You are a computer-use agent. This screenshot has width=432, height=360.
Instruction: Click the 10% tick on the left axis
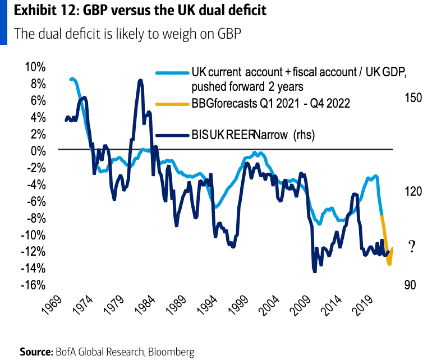coord(35,67)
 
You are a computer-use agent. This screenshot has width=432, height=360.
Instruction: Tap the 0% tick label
coord(38,151)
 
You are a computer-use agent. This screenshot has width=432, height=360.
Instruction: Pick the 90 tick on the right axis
coord(411,285)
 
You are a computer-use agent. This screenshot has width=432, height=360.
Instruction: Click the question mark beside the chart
coord(411,246)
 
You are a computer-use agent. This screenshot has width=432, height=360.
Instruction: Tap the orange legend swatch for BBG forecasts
coord(172,104)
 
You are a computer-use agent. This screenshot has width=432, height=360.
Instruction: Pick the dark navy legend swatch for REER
coord(172,135)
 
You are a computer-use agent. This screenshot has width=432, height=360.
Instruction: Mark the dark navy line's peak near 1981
coord(140,81)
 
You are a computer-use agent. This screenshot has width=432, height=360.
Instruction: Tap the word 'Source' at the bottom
coord(36,352)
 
